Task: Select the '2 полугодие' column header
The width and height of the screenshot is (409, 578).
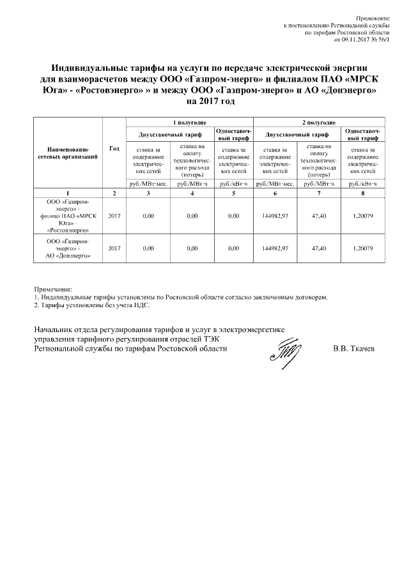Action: (x=320, y=121)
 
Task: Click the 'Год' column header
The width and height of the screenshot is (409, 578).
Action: (x=114, y=149)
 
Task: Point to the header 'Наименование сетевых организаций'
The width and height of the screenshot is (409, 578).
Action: (x=68, y=153)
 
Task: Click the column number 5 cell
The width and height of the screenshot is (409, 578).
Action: (x=234, y=193)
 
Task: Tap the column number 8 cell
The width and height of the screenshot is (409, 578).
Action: (x=364, y=193)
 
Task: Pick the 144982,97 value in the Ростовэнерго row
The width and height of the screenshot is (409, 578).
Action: (x=275, y=216)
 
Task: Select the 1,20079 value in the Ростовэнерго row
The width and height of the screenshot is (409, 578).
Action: (x=364, y=216)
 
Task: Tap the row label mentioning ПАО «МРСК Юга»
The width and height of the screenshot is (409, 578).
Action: (x=68, y=216)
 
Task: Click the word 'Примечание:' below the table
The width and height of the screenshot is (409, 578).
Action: (x=53, y=289)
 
